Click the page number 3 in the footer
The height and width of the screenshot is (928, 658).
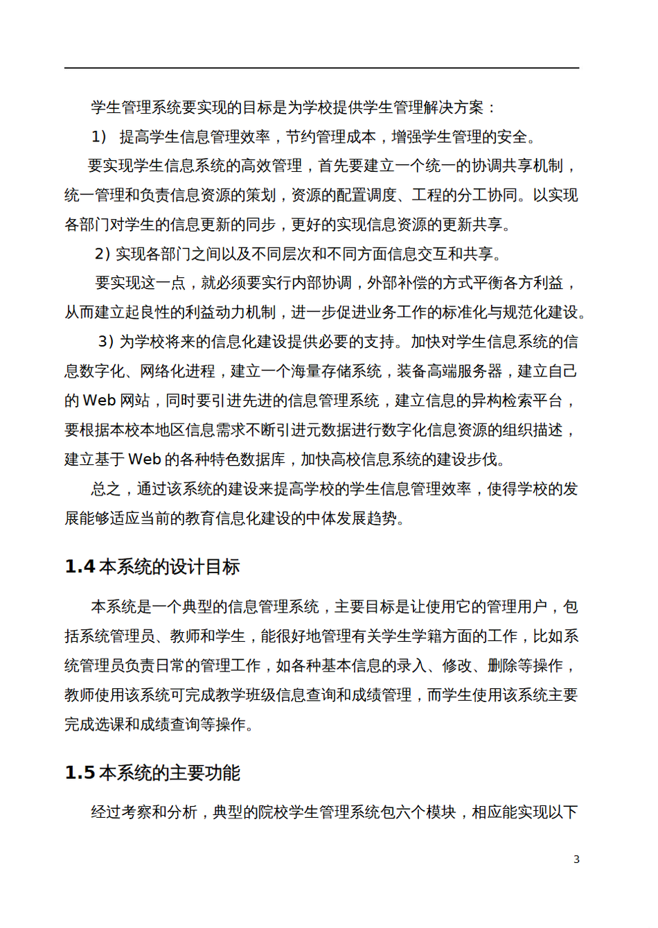tap(576, 859)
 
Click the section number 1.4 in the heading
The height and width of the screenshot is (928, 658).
tap(80, 567)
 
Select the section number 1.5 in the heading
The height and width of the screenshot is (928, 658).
tap(80, 773)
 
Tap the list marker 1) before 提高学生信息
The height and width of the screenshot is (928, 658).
tap(100, 137)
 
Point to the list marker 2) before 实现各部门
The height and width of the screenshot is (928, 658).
tap(103, 254)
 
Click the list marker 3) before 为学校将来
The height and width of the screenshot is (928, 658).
tap(106, 342)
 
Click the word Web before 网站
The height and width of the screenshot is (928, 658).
tap(99, 401)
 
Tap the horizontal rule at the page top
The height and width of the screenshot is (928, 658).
tap(322, 68)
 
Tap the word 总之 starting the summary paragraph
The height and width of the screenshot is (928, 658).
tap(106, 489)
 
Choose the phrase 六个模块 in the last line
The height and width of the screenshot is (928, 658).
tap(426, 812)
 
